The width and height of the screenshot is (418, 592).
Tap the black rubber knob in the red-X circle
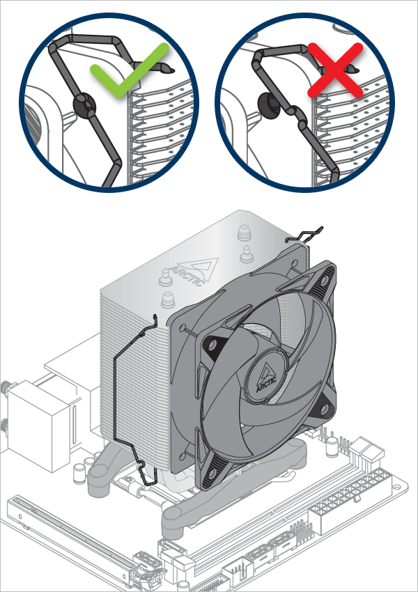click(x=268, y=102)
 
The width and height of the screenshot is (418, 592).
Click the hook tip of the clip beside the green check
click(x=167, y=68)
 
